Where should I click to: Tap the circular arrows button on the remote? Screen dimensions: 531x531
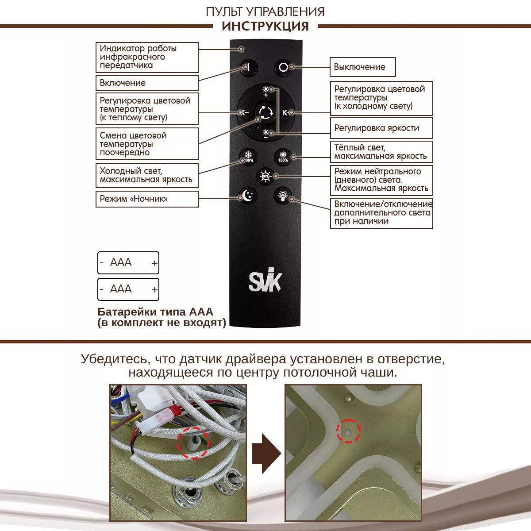click(x=266, y=112)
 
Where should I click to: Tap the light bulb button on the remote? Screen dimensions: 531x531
click(x=283, y=195)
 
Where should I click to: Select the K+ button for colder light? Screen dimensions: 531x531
click(x=285, y=112)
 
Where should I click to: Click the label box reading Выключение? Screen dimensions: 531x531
click(x=362, y=67)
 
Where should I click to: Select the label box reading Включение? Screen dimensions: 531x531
click(x=147, y=83)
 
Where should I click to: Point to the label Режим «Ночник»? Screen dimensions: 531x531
click(x=147, y=199)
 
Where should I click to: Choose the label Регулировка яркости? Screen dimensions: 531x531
click(x=381, y=128)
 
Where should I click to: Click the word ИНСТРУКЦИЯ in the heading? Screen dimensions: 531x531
click(x=265, y=26)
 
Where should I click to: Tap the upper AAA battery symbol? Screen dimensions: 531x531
click(x=128, y=263)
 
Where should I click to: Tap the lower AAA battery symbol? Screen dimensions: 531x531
click(x=128, y=289)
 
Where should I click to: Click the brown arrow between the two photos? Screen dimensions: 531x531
click(x=266, y=453)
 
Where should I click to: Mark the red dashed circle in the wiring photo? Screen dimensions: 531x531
click(x=193, y=443)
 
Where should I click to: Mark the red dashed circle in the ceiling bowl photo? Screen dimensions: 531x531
click(x=348, y=431)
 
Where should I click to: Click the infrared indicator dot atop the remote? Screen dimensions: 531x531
click(x=241, y=49)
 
